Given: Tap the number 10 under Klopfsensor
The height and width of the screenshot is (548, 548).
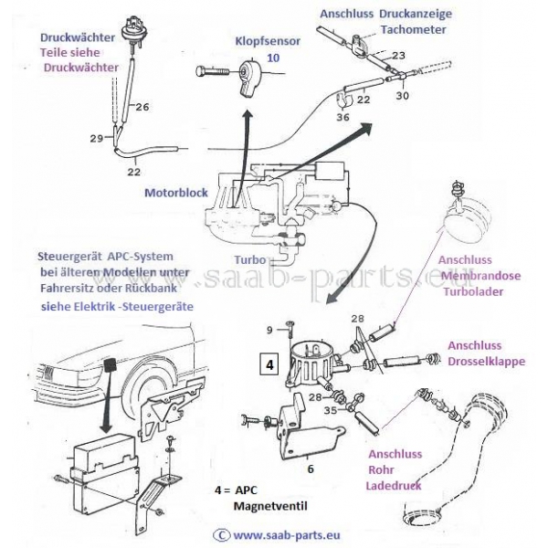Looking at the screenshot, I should (x=272, y=57).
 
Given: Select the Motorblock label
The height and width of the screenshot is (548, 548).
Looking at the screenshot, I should (x=176, y=194).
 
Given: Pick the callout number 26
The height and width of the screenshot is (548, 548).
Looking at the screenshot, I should (x=142, y=108).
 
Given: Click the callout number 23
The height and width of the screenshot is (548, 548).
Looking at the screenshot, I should (x=398, y=57).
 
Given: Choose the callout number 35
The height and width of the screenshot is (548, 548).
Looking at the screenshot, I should (x=330, y=410).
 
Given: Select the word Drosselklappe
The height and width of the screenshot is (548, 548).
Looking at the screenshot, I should (x=485, y=362).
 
